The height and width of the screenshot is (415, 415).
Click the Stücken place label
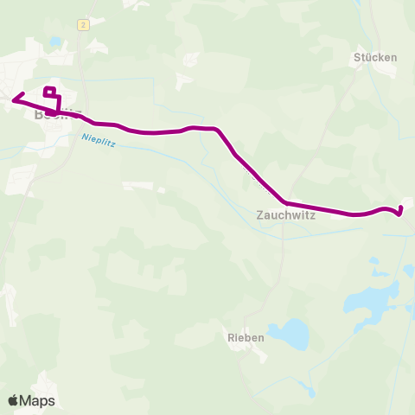point(375,58)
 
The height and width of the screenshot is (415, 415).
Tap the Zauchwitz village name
point(284,217)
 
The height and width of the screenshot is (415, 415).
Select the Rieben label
point(245,338)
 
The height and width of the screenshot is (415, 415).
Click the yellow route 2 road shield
point(83,25)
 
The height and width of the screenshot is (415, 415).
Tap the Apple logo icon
point(12,400)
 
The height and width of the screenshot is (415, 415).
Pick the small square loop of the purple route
point(49,92)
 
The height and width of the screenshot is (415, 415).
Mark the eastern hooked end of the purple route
point(400,210)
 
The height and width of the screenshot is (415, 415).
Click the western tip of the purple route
point(13,99)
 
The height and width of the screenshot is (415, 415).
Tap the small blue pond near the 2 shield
point(56,41)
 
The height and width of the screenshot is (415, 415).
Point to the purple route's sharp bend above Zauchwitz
point(222,131)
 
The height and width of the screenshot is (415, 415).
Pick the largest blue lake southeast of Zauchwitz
point(369,299)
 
